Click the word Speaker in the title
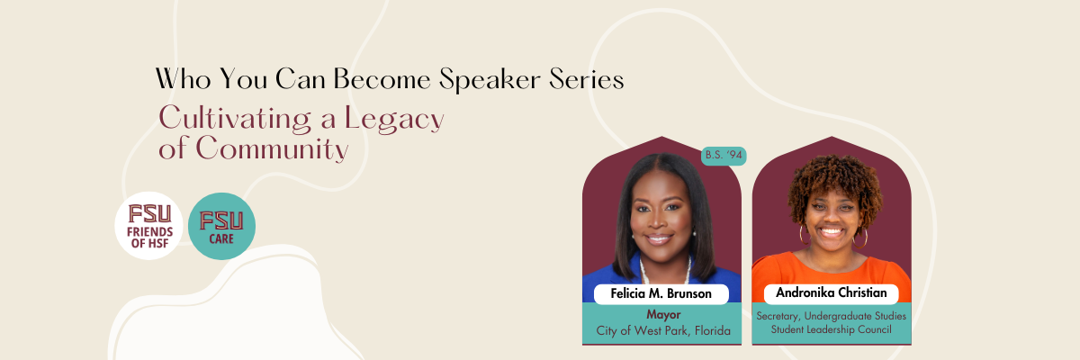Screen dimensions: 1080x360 (x=489, y=80)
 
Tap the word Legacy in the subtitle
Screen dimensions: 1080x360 (x=394, y=119)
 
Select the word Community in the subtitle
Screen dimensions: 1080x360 (x=272, y=148)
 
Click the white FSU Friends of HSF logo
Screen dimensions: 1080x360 (x=148, y=226)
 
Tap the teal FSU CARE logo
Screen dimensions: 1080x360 (x=221, y=226)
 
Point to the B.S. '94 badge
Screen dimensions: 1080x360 (x=724, y=156)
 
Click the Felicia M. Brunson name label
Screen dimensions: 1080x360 (x=661, y=294)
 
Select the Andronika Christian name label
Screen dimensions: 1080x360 (x=832, y=293)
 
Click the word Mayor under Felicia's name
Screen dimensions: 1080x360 (x=663, y=315)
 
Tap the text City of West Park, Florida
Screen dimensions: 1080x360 (x=663, y=330)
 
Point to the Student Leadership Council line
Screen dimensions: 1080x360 (x=832, y=329)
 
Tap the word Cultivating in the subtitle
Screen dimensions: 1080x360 (x=235, y=119)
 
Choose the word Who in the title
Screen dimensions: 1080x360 (x=184, y=79)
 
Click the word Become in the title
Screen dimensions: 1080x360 (x=382, y=79)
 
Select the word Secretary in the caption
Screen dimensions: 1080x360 (x=778, y=316)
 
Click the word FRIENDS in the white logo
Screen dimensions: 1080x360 (x=149, y=232)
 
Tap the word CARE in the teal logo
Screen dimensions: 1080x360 (x=221, y=238)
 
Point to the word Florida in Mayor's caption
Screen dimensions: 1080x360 (x=713, y=330)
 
